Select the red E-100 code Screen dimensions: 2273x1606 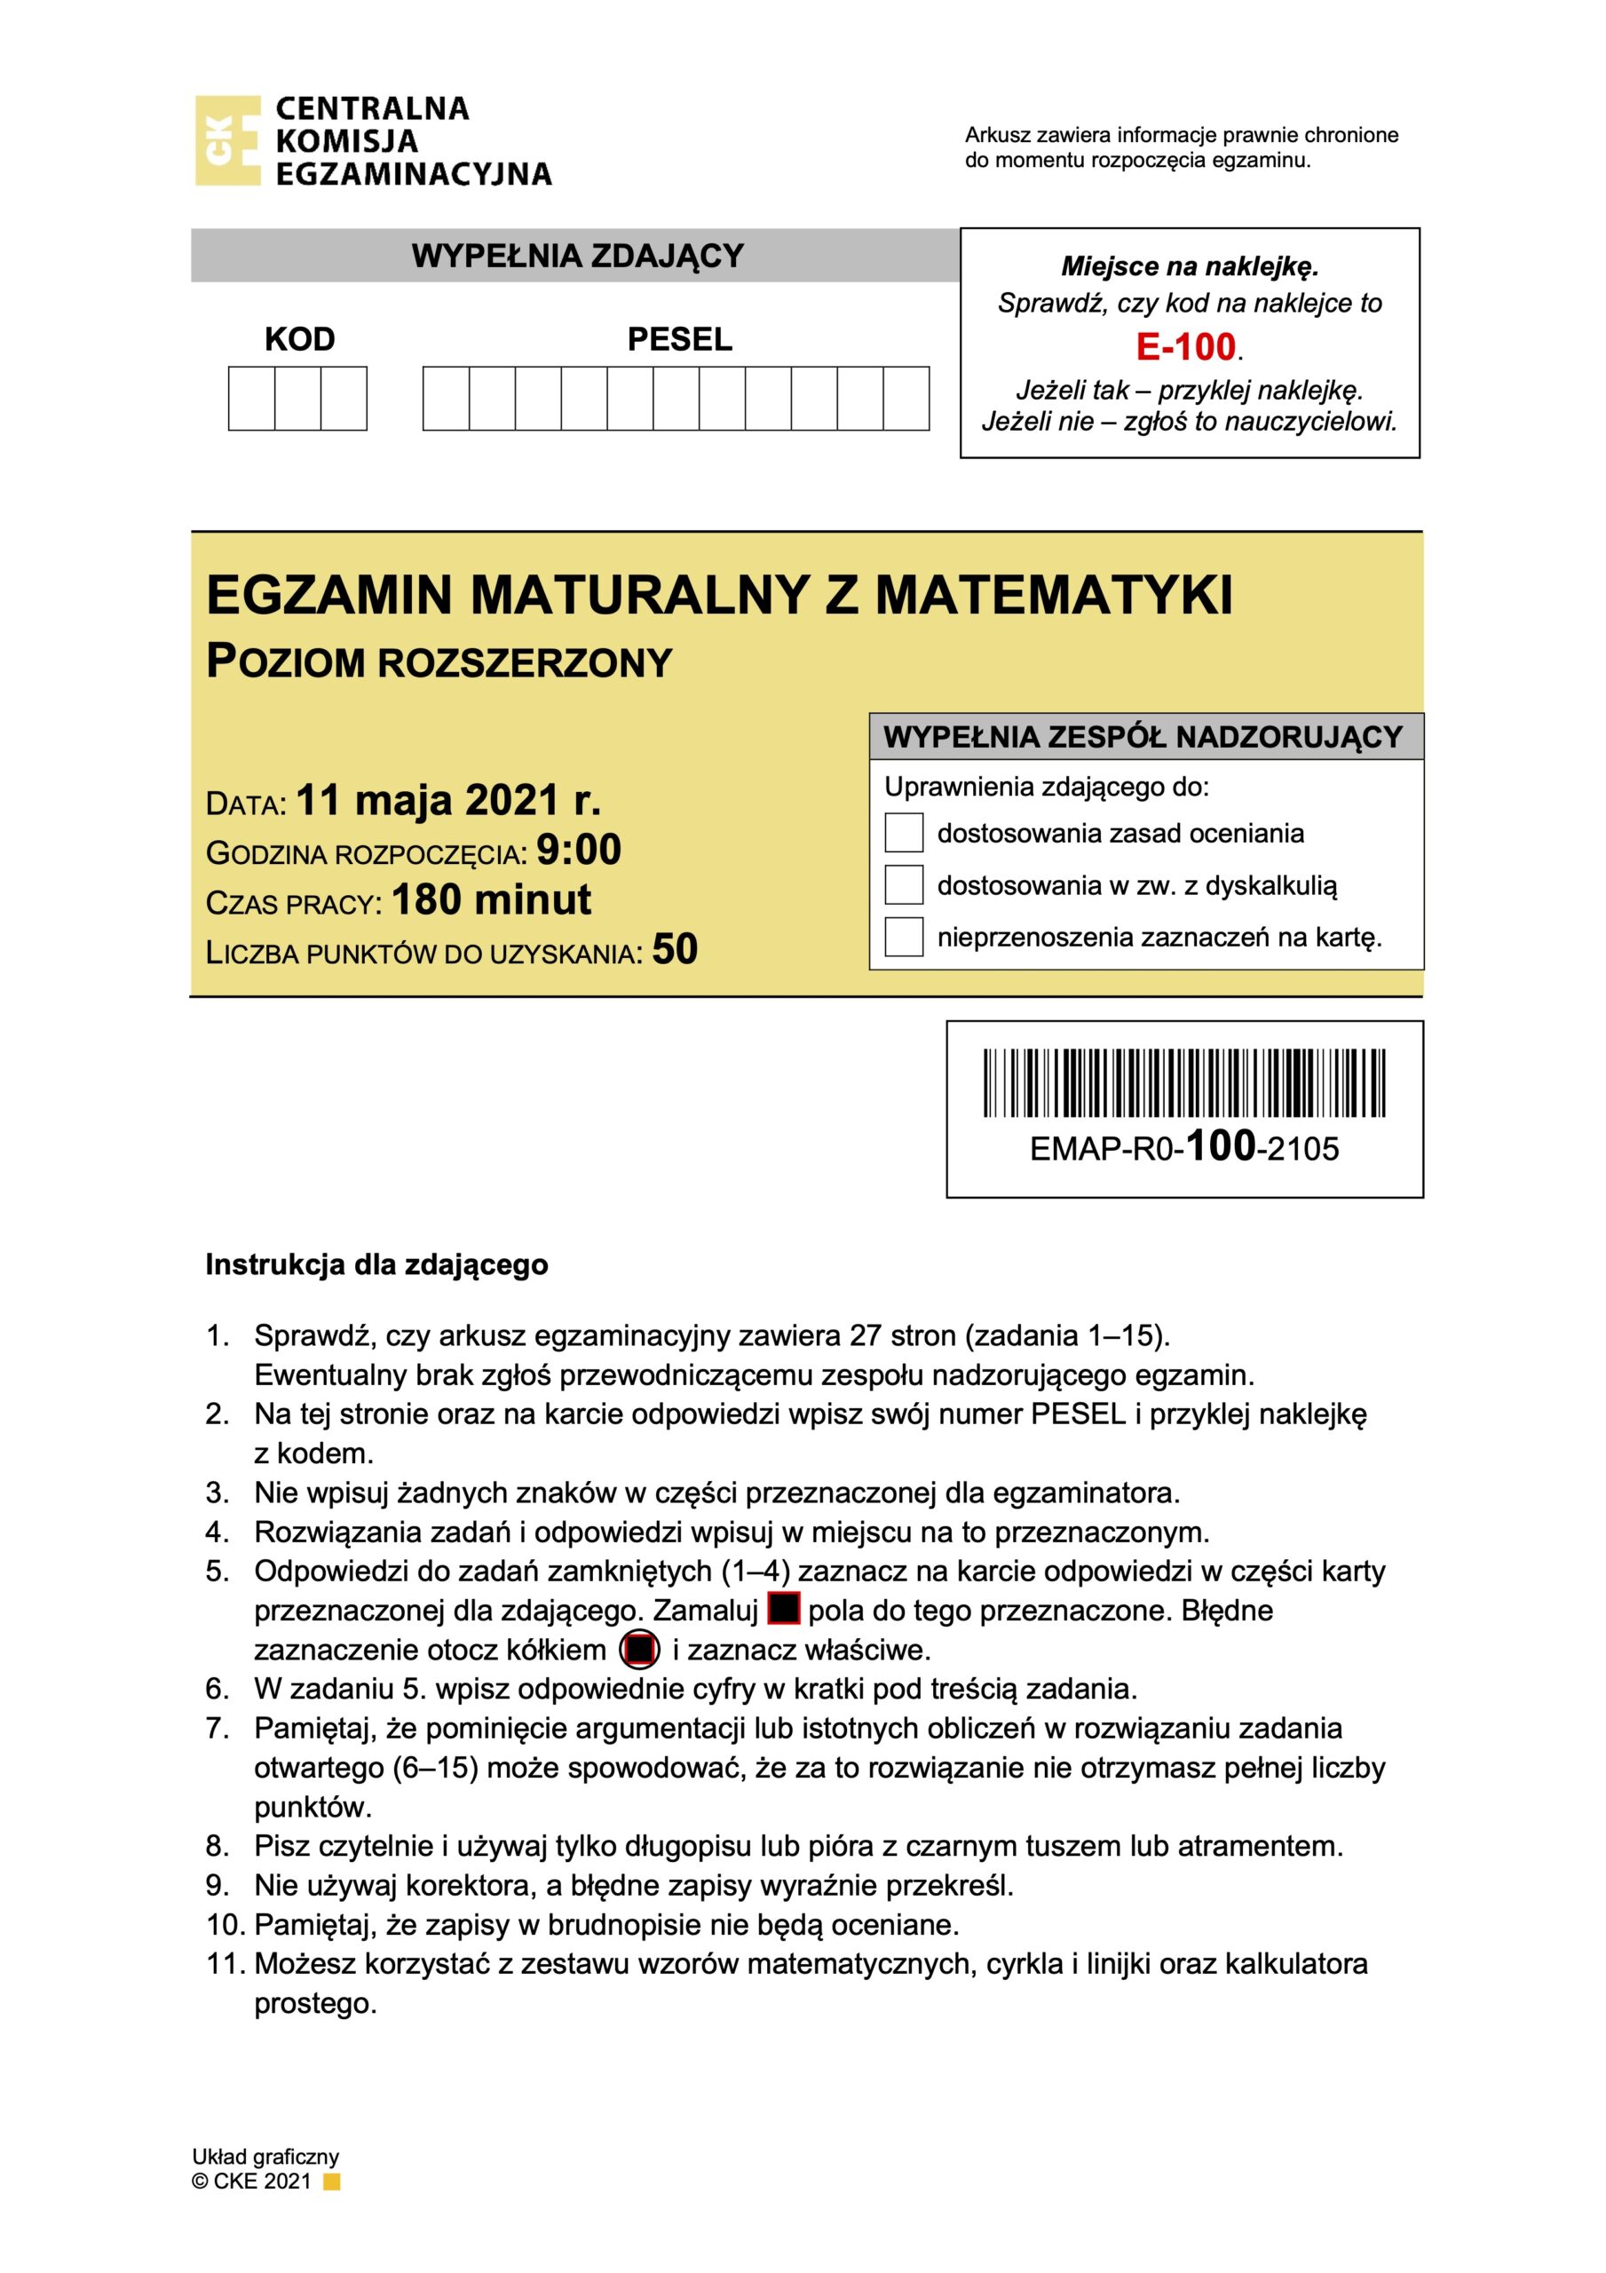click(x=1185, y=347)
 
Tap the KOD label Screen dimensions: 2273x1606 click(x=299, y=339)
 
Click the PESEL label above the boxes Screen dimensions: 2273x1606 click(x=679, y=339)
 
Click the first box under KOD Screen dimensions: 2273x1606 click(x=251, y=399)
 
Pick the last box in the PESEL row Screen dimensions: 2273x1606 click(x=905, y=399)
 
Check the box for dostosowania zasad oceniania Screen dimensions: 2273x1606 click(x=903, y=833)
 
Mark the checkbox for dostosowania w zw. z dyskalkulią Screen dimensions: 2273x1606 click(x=903, y=884)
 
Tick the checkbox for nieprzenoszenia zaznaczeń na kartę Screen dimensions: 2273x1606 click(x=903, y=936)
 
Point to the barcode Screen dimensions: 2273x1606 click(x=1183, y=1082)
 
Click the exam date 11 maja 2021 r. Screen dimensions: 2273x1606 click(x=447, y=800)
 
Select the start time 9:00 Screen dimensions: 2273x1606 click(x=578, y=850)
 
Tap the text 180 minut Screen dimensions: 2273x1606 click(x=491, y=900)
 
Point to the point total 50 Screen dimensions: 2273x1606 click(x=675, y=949)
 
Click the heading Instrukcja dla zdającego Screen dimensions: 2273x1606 click(x=376, y=1265)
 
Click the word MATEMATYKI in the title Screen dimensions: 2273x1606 click(x=1054, y=596)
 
